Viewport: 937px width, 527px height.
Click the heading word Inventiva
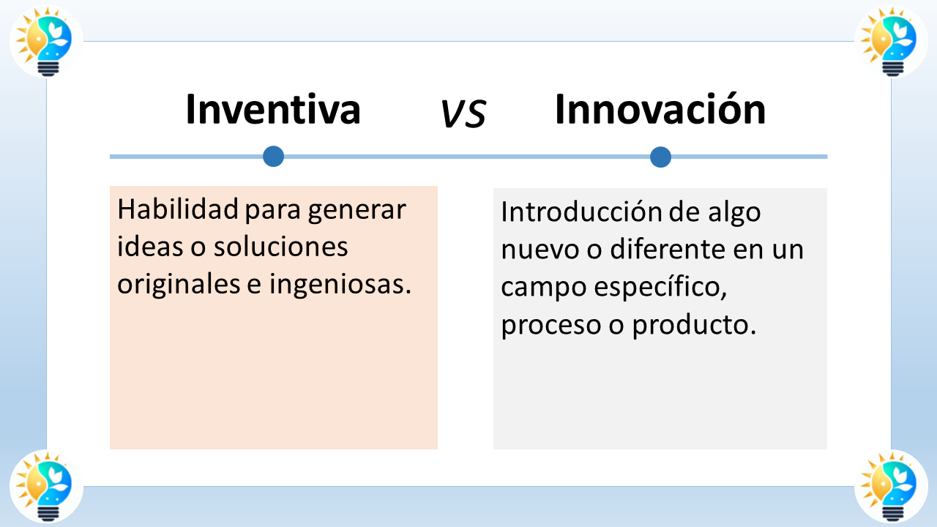(273, 110)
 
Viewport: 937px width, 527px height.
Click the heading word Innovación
(660, 110)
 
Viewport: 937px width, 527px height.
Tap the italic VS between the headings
(463, 113)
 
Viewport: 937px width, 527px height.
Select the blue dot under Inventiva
(273, 156)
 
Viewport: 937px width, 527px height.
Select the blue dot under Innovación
(660, 157)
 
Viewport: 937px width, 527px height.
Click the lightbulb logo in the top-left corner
(45, 42)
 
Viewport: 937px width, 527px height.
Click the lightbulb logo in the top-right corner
(891, 42)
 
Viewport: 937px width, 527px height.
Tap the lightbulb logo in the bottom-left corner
(45, 486)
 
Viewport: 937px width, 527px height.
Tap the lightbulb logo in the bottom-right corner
(891, 486)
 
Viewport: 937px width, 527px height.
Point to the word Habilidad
(178, 210)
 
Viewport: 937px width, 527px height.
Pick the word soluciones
(280, 247)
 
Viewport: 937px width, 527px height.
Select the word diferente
(669, 250)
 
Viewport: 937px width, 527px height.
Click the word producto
(693, 326)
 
